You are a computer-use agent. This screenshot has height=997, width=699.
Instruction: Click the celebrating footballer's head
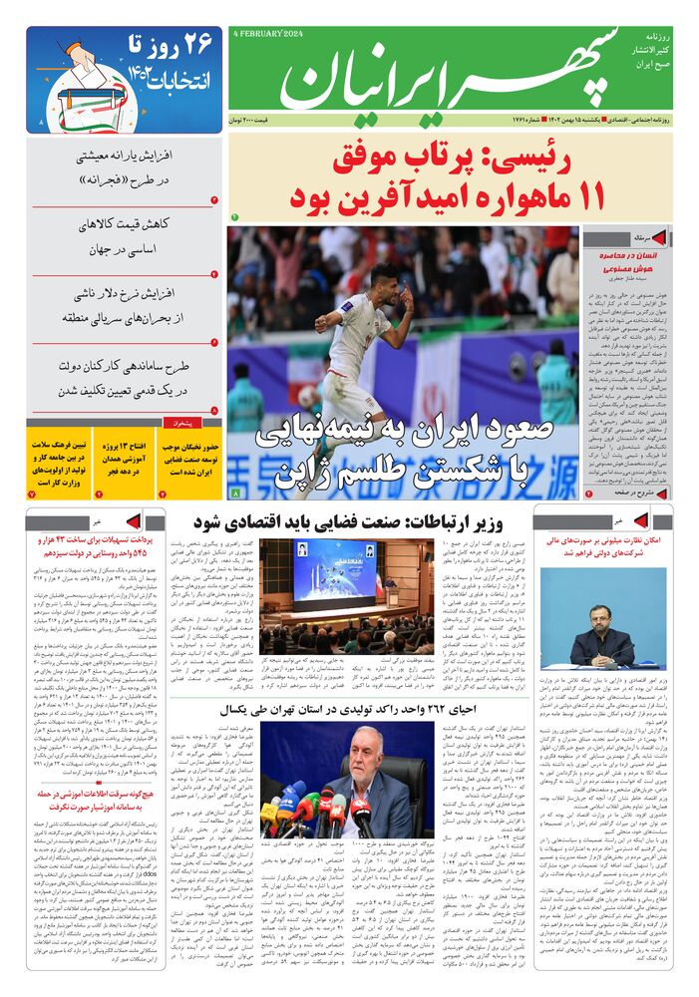point(385,280)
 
